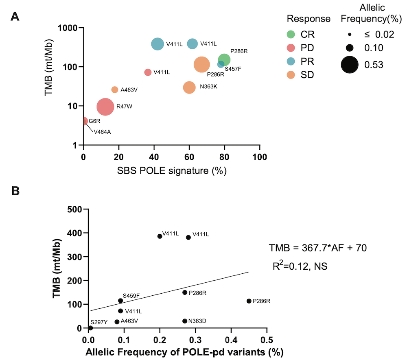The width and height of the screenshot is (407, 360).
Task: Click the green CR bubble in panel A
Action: pos(224,60)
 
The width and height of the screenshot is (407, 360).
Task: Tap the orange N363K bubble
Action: pos(189,87)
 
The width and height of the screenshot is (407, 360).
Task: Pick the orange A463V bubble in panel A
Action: pos(115,90)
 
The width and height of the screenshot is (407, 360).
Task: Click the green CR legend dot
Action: pos(291,34)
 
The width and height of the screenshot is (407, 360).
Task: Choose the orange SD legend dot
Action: pos(291,75)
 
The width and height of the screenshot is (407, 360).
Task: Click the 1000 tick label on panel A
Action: pos(68,28)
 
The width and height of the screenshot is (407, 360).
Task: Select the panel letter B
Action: pos(15,191)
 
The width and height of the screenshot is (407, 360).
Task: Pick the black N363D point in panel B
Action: pos(185,321)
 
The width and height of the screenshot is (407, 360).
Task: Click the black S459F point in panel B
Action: pos(120,301)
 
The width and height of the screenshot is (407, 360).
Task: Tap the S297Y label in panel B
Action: pos(99,322)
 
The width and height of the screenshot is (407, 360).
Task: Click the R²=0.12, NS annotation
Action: pos(300,266)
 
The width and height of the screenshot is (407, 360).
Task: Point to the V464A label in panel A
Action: pos(102,131)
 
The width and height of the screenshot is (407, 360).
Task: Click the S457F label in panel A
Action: pos(233,69)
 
